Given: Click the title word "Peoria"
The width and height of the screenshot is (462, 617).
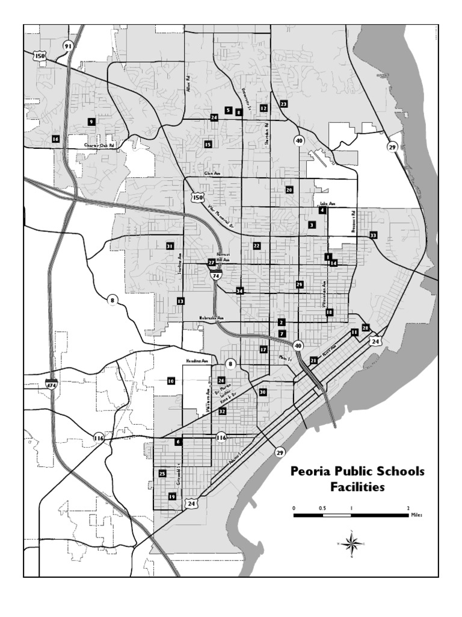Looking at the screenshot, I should [314, 471].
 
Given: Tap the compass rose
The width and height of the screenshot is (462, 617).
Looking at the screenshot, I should [354, 543].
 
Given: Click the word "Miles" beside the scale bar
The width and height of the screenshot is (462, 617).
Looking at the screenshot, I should [416, 516].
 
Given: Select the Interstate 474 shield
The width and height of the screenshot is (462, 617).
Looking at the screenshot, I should [52, 383].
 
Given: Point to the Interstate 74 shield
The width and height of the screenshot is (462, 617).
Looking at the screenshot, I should [216, 274].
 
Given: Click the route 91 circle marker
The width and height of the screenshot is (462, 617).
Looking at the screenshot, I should [68, 46].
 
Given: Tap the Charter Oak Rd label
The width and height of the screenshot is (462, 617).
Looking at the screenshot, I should [99, 145].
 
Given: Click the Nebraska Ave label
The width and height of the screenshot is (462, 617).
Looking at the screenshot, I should [211, 318].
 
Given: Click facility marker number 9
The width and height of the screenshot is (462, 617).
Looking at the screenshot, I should [91, 121].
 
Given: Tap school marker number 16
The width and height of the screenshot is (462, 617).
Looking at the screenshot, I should [55, 139].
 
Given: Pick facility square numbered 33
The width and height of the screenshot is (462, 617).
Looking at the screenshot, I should [373, 235].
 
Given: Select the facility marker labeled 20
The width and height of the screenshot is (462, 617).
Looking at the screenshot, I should [289, 189].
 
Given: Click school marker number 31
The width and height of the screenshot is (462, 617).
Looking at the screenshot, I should [170, 246].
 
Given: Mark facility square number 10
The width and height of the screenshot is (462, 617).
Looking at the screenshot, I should [171, 381].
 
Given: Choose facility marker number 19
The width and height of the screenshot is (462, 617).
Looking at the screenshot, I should [172, 496].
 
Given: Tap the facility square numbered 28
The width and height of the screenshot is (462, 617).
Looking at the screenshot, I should [365, 327].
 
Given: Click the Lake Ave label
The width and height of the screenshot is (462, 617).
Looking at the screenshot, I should [327, 204].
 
